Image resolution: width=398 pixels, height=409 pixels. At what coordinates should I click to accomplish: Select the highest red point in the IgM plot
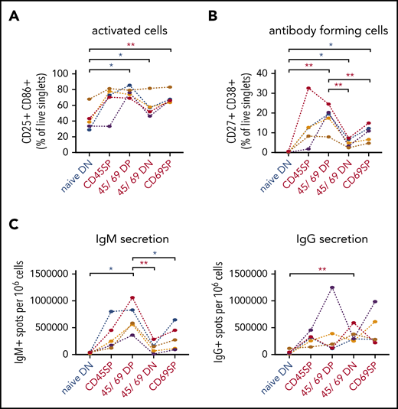(132, 297)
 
